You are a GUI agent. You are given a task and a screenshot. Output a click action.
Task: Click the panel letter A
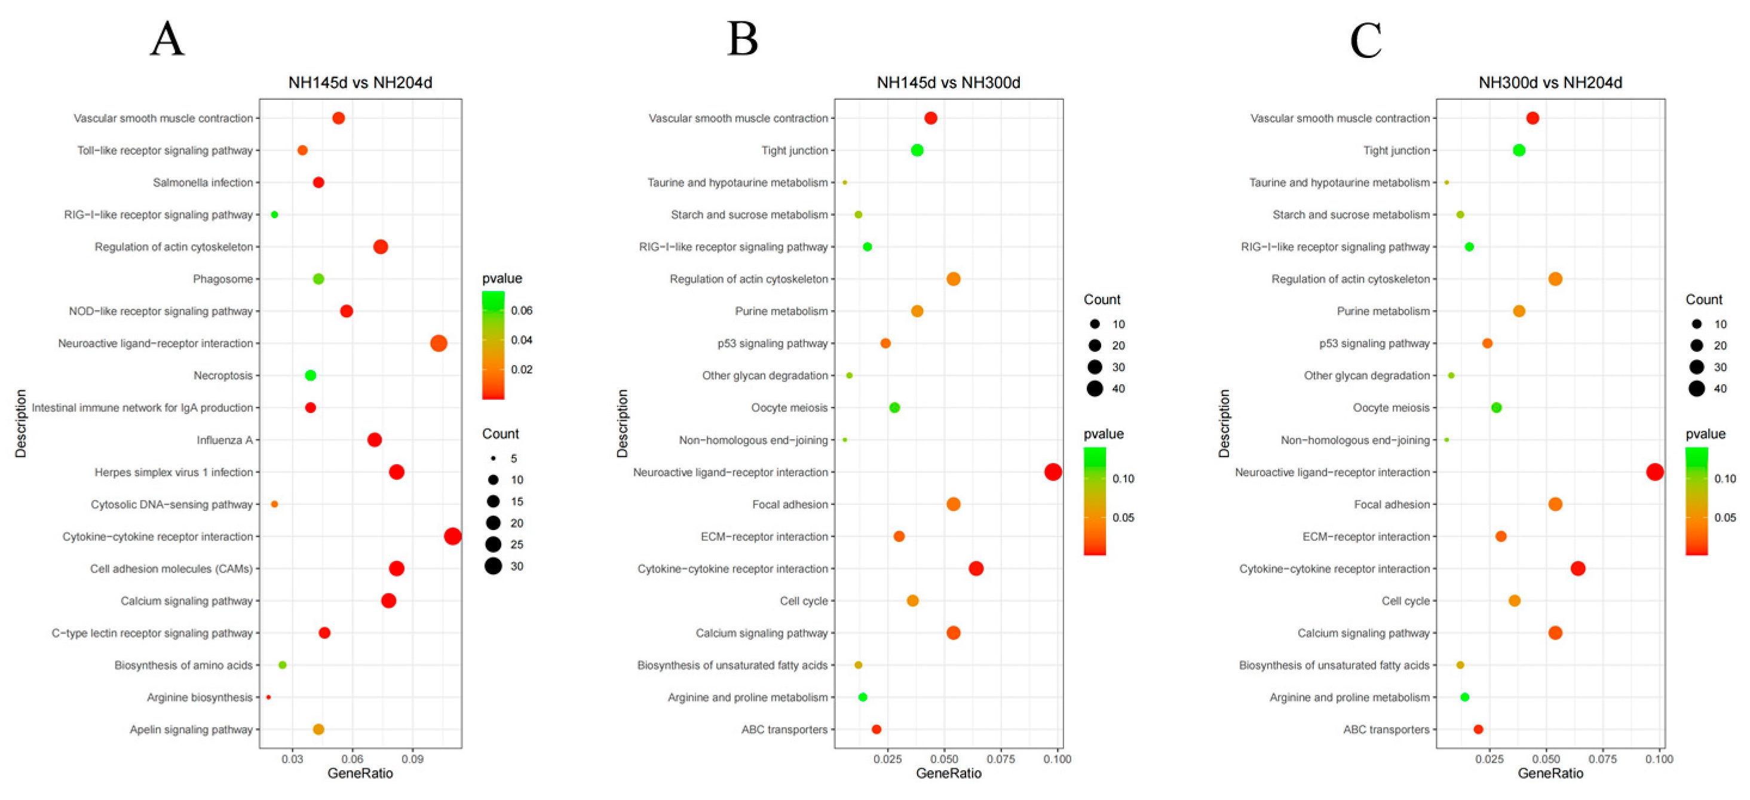pyautogui.click(x=167, y=39)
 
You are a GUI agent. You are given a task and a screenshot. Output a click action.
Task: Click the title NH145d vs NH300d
pyautogui.click(x=948, y=83)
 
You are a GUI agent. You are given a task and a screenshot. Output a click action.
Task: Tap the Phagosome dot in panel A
pyautogui.click(x=318, y=279)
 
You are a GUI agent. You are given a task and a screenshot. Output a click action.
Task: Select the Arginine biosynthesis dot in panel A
pyautogui.click(x=268, y=697)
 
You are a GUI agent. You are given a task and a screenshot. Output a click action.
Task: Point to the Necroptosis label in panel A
pyautogui.click(x=223, y=376)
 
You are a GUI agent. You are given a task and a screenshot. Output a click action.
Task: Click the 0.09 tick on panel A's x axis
pyautogui.click(x=412, y=759)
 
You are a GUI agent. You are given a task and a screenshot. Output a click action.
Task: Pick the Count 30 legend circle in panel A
pyautogui.click(x=493, y=566)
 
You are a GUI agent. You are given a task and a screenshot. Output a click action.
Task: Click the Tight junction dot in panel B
pyautogui.click(x=917, y=150)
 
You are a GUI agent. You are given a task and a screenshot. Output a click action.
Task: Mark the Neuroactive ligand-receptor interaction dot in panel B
pyautogui.click(x=1053, y=472)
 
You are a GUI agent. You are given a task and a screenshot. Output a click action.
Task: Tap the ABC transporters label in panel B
pyautogui.click(x=784, y=729)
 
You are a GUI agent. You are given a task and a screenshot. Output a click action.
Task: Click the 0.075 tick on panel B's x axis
pyautogui.click(x=1001, y=759)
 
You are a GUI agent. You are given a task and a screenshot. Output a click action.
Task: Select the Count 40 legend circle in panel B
pyautogui.click(x=1095, y=388)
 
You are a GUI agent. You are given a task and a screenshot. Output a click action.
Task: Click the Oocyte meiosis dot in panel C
pyautogui.click(x=1496, y=407)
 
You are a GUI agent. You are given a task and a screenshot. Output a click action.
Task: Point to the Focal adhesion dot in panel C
pyautogui.click(x=1555, y=504)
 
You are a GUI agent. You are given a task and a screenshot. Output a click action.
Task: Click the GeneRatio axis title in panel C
pyautogui.click(x=1550, y=774)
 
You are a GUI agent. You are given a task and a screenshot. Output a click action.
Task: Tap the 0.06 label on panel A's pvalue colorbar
pyautogui.click(x=522, y=310)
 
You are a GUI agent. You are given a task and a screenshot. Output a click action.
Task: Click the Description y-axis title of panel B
pyautogui.click(x=623, y=423)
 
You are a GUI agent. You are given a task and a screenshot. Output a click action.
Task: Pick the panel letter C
pyautogui.click(x=1365, y=39)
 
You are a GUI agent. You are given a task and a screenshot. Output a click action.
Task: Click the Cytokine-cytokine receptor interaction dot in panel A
pyautogui.click(x=452, y=537)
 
